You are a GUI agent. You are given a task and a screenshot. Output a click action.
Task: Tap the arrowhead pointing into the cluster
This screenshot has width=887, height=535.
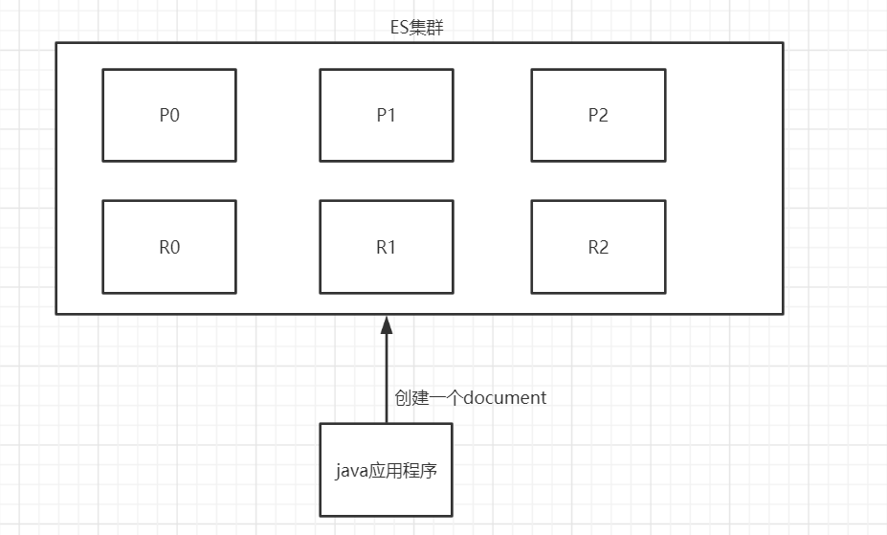pyautogui.click(x=387, y=325)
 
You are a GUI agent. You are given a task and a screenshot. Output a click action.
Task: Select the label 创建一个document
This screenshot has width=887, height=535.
pyautogui.click(x=471, y=397)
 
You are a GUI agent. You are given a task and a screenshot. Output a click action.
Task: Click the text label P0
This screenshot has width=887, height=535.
pyautogui.click(x=169, y=115)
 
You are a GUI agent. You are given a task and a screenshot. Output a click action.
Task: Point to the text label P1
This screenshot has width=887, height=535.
pyautogui.click(x=386, y=115)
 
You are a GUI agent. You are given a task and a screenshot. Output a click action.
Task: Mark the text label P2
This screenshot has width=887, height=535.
pyautogui.click(x=598, y=115)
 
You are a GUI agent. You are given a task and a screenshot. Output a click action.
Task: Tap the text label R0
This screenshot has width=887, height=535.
pyautogui.click(x=169, y=247)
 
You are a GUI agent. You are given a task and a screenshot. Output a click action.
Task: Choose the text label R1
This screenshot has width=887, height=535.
pyautogui.click(x=386, y=247)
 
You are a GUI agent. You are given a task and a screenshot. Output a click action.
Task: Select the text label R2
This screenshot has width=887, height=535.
pyautogui.click(x=598, y=247)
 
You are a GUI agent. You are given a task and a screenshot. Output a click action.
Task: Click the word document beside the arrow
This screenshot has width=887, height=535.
pyautogui.click(x=504, y=397)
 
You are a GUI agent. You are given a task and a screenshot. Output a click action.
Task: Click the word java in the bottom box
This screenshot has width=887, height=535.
pyautogui.click(x=350, y=471)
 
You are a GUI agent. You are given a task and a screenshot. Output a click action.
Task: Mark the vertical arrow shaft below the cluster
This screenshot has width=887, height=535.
pyautogui.click(x=387, y=378)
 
